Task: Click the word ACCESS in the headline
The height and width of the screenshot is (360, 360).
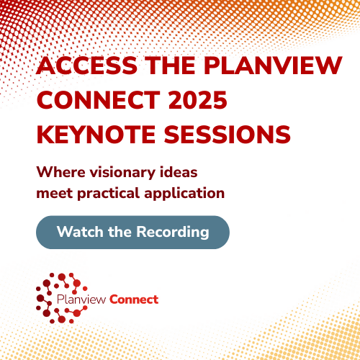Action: click(x=87, y=66)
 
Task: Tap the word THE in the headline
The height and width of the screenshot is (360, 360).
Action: click(x=171, y=66)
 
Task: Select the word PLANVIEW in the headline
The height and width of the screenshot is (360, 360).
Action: click(x=273, y=66)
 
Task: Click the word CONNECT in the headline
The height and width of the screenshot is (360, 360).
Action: click(x=99, y=100)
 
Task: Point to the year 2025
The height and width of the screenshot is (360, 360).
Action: click(x=198, y=100)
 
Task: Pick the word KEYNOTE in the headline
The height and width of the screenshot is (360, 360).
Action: click(x=96, y=135)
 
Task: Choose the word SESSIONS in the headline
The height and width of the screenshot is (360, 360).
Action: click(x=228, y=135)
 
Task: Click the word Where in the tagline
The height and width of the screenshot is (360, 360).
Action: click(x=61, y=172)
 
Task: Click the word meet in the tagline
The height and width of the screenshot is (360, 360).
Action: click(x=55, y=194)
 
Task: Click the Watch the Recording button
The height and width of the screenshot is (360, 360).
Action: click(x=132, y=233)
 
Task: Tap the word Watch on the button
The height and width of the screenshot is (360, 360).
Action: click(x=80, y=232)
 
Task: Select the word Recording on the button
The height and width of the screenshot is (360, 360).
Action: click(x=173, y=233)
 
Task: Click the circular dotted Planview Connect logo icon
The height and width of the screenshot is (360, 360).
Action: click(x=61, y=298)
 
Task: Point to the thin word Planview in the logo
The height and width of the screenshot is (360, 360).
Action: click(x=81, y=300)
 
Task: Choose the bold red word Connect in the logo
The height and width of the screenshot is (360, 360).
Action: click(x=134, y=300)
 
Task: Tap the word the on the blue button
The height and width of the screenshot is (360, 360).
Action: click(x=120, y=232)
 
